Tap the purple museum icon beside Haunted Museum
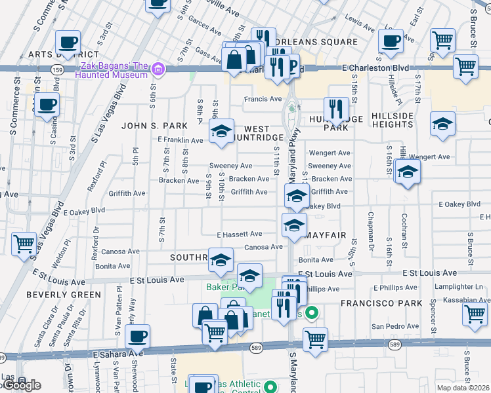coord(158,69)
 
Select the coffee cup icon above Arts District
coord(68,43)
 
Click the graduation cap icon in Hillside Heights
coord(442,123)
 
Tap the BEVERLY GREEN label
coord(54,295)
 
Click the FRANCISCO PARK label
coord(371,303)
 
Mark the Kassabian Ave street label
coord(466,299)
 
